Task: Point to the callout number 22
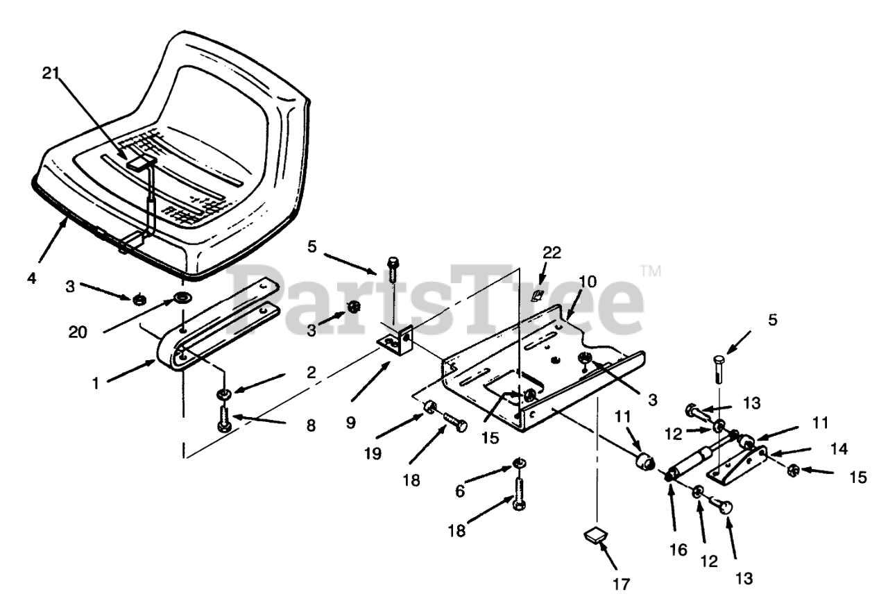pyautogui.click(x=552, y=253)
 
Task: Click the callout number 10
pyautogui.click(x=588, y=281)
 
